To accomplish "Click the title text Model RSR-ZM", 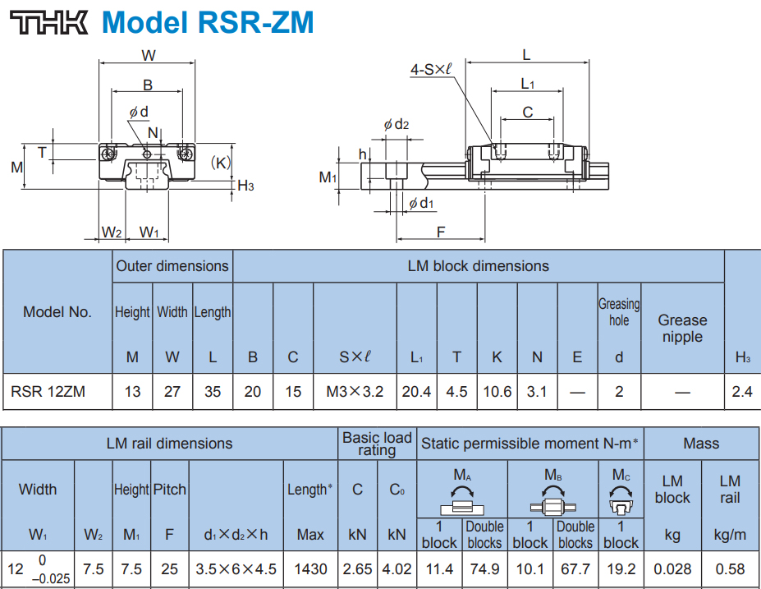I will click(x=207, y=22).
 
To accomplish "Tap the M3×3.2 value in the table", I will click(x=355, y=392).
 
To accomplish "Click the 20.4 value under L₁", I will click(x=416, y=392).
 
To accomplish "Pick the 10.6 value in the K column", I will click(x=497, y=392).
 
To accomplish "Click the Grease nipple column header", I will click(x=682, y=328).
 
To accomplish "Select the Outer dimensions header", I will click(x=172, y=266).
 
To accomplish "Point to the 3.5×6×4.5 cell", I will click(x=236, y=568).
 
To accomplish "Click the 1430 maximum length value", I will click(x=310, y=568).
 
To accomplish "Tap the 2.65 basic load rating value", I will click(x=357, y=568).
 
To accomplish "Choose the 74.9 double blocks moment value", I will click(x=484, y=568).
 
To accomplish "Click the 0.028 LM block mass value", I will click(x=672, y=568).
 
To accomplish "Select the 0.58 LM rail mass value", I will click(x=730, y=568).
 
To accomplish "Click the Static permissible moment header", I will click(x=530, y=444).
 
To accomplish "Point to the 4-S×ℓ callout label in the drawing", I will click(x=431, y=71).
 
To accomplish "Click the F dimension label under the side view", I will click(x=441, y=232).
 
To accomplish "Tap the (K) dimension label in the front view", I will click(x=221, y=163).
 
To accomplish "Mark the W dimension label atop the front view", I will click(x=149, y=56).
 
